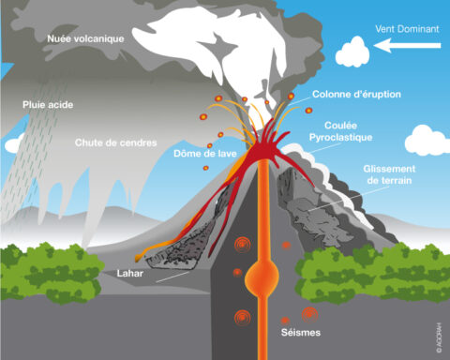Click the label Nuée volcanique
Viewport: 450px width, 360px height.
pyautogui.click(x=85, y=38)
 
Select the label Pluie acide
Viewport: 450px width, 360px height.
pyautogui.click(x=48, y=105)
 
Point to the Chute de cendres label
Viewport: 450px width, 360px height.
pyautogui.click(x=114, y=142)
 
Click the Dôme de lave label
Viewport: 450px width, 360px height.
pyautogui.click(x=204, y=153)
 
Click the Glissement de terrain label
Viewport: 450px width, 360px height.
pyautogui.click(x=389, y=175)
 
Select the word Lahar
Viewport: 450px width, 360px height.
pyautogui.click(x=130, y=274)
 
